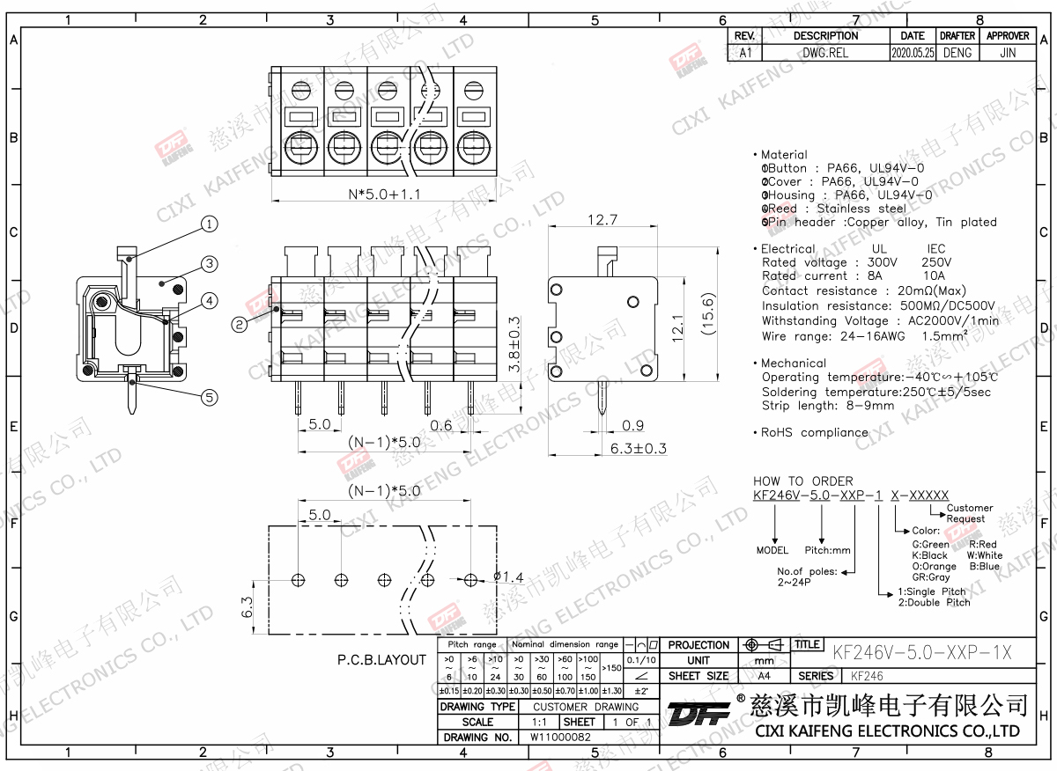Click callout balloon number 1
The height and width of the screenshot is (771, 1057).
(x=209, y=224)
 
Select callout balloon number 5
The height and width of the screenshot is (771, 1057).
(x=209, y=397)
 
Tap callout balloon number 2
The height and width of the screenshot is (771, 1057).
(x=239, y=325)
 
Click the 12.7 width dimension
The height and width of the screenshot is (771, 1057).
(x=602, y=219)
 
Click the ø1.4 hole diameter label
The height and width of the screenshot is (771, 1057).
(x=508, y=577)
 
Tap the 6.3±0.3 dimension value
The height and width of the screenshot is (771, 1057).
(x=639, y=448)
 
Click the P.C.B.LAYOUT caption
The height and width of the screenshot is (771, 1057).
(x=381, y=659)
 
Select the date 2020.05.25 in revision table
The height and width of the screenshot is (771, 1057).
(x=913, y=53)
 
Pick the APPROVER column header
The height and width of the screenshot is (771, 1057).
(x=1008, y=36)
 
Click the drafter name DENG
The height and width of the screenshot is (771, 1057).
(x=957, y=53)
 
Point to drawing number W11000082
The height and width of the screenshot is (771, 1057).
(x=560, y=737)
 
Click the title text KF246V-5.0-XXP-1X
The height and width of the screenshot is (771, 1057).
(x=921, y=652)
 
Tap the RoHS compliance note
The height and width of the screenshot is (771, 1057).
(x=815, y=432)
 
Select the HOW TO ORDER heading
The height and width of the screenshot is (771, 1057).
(x=802, y=481)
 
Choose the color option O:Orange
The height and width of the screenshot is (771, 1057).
(x=934, y=567)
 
